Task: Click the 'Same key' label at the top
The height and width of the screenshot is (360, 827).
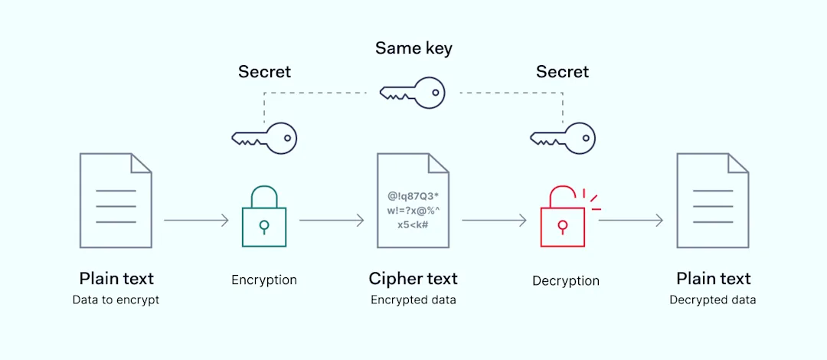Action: click(x=413, y=48)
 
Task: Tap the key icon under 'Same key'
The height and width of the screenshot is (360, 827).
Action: click(x=413, y=93)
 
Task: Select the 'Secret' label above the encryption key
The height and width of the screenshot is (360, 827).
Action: click(x=264, y=72)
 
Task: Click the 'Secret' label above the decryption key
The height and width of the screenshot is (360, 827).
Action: click(x=562, y=72)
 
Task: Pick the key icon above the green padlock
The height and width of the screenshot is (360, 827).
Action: click(x=264, y=138)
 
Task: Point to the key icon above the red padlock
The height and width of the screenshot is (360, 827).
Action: click(x=563, y=138)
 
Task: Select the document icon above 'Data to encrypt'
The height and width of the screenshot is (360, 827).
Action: click(x=116, y=201)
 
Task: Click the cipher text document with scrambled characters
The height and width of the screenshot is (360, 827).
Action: click(x=413, y=201)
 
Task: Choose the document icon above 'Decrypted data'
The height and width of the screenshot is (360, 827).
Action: click(x=712, y=201)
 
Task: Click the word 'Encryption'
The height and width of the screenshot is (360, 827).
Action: click(x=264, y=280)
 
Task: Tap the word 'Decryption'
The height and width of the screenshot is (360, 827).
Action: click(x=566, y=281)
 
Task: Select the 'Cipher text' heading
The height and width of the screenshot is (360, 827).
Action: click(x=413, y=279)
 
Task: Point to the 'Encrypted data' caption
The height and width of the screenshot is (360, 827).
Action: click(x=413, y=300)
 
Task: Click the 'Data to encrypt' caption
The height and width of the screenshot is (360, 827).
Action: click(x=116, y=300)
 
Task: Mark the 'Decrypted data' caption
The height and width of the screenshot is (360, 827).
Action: click(x=712, y=300)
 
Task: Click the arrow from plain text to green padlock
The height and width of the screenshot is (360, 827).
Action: click(x=196, y=221)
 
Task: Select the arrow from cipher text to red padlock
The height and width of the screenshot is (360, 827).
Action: click(x=494, y=221)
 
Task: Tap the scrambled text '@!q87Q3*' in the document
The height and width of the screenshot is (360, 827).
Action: click(x=413, y=195)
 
